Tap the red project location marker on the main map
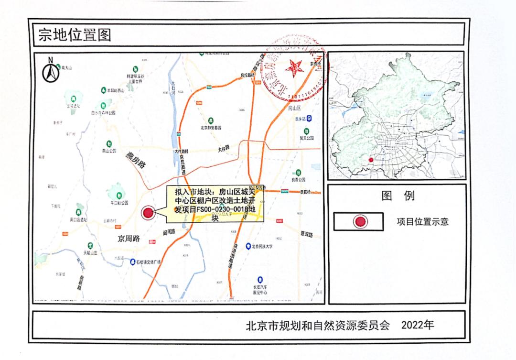click(149, 213)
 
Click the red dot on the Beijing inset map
click(371, 160)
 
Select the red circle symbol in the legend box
click(359, 221)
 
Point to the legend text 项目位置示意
click(422, 221)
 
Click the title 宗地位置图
click(75, 36)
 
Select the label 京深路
click(306, 234)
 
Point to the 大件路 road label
click(226, 149)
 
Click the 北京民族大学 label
click(269, 246)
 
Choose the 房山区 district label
click(297, 109)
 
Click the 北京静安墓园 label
click(211, 128)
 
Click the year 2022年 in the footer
click(418, 325)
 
